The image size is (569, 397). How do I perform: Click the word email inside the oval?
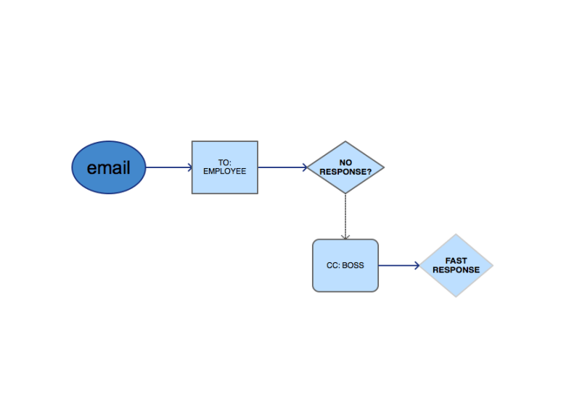109,168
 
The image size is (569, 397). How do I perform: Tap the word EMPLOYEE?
224,172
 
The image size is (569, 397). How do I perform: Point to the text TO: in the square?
224,163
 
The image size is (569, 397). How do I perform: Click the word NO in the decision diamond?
345,163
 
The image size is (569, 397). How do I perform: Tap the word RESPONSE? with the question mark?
345,172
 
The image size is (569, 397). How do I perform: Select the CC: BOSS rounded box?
345,279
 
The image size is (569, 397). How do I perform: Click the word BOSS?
353,265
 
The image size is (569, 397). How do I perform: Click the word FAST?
457,261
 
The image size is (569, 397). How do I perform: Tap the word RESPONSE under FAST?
457,269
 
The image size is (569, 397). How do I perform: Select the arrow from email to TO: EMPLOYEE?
168,168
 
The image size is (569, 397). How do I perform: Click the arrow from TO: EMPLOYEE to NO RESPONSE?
282,167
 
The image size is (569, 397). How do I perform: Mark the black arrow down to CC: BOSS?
345,214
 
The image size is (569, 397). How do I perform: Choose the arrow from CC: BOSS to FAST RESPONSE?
398,266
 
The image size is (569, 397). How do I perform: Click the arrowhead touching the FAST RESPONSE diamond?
417,266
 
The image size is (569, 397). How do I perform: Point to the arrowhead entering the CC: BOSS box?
345,235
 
